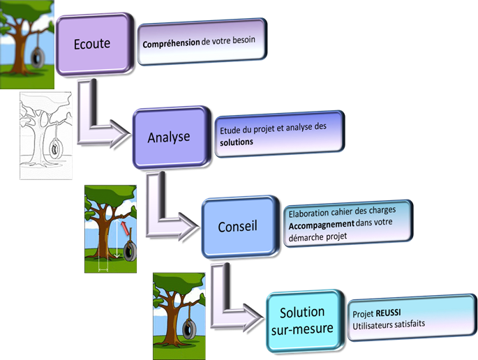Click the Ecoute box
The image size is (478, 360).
pos(92,43)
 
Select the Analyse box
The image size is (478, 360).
pos(169,137)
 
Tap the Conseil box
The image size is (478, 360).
pos(237,226)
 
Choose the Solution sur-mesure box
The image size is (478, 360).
pos(302,318)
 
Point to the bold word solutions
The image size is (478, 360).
pos(236,141)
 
